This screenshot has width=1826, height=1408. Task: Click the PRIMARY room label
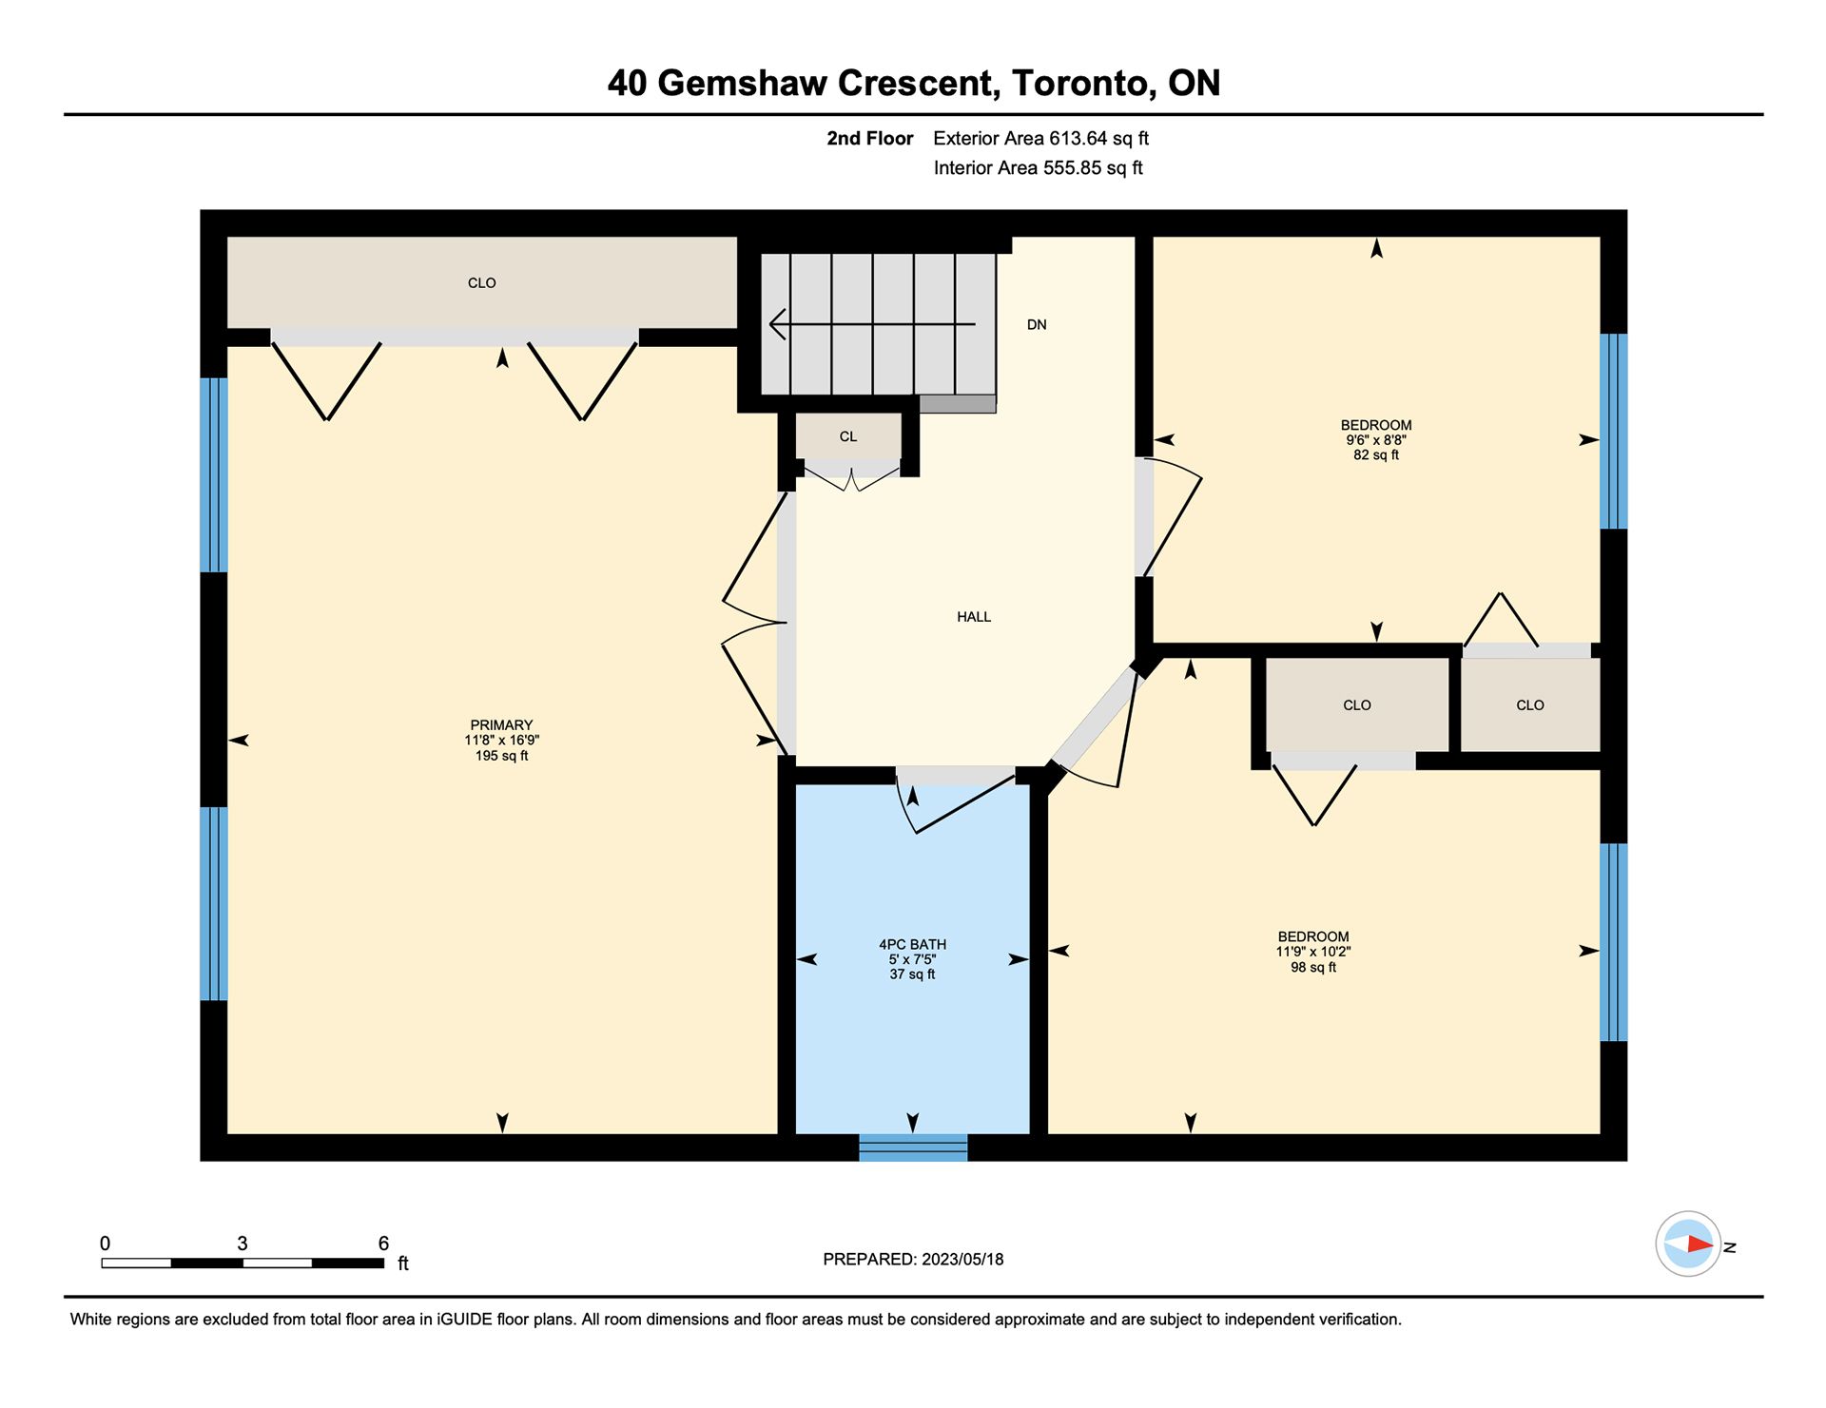pos(501,724)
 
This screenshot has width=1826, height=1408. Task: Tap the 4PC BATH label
pos(912,944)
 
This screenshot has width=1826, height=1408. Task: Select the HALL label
pos(974,617)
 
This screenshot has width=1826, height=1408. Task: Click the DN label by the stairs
pos(1037,324)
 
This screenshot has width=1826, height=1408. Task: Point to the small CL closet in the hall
pos(848,436)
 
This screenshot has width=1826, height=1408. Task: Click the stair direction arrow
pos(872,324)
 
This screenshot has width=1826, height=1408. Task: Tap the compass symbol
pos(1688,1244)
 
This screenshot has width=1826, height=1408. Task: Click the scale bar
pos(243,1263)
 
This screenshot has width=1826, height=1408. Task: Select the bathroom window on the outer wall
pos(913,1148)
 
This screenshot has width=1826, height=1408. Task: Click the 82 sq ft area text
pos(1376,455)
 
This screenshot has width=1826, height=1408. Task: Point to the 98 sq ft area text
pos(1313,968)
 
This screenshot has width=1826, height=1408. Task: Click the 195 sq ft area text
pos(501,756)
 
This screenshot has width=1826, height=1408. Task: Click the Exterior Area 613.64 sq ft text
pos(1040,139)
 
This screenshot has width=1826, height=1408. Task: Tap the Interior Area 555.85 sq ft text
pos(1038,168)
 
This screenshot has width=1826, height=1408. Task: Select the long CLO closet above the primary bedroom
pos(482,282)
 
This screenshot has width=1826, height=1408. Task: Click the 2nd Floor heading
pos(869,139)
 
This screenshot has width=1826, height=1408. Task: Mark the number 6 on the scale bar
pos(383,1244)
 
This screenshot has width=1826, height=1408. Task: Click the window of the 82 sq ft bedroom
pos(1614,431)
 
